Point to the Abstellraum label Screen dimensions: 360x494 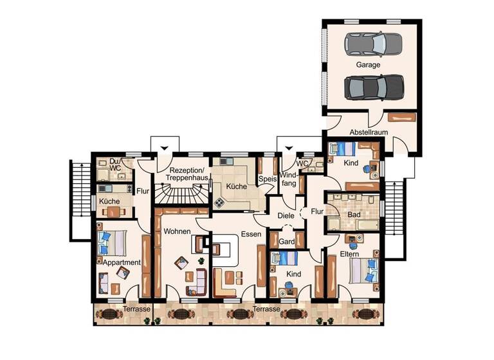[x=370, y=132]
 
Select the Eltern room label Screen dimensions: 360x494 [x=350, y=255]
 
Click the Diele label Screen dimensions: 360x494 [x=286, y=216]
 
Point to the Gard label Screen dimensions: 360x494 [x=286, y=242]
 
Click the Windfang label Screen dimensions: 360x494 [x=289, y=179]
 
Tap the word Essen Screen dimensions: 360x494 [x=251, y=235]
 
